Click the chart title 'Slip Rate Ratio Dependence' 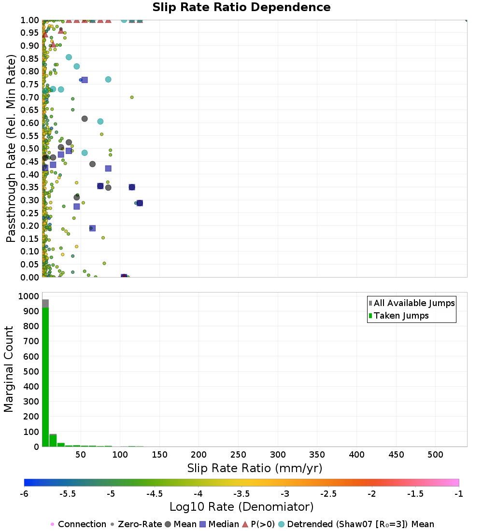[241, 7]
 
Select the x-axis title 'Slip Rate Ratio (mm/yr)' [255, 468]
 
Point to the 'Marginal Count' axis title [9, 369]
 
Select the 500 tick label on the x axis [435, 454]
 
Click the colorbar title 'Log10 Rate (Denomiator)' [241, 507]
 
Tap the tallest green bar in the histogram [45, 377]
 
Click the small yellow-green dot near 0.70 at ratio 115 [132, 97]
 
